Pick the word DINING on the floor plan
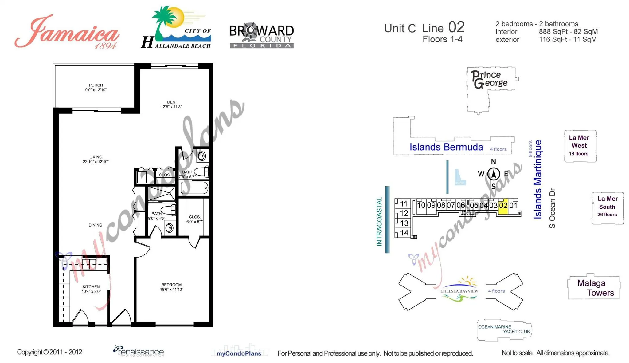(x=95, y=225)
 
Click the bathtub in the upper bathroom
(x=194, y=188)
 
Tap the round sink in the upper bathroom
(x=201, y=156)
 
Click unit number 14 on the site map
(x=404, y=233)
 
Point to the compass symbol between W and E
(x=494, y=174)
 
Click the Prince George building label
(x=489, y=79)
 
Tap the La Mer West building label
(x=579, y=145)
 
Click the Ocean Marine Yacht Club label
(x=504, y=329)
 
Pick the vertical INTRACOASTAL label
(x=379, y=221)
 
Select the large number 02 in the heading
(x=456, y=27)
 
